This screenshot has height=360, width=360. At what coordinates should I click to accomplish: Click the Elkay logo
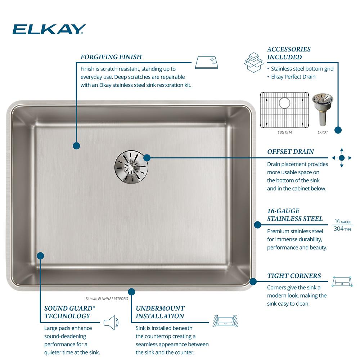tap(49, 29)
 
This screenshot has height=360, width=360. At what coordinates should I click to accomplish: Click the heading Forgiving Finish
tap(111, 57)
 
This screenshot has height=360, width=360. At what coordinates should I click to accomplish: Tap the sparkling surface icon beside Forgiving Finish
tap(206, 62)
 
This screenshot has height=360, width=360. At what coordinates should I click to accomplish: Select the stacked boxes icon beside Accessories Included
tap(253, 62)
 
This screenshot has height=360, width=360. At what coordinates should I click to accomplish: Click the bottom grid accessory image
tap(284, 110)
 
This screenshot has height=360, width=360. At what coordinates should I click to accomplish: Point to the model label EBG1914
tap(285, 132)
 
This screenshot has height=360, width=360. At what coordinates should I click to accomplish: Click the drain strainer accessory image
tap(323, 109)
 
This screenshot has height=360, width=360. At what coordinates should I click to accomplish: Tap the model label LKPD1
tap(323, 132)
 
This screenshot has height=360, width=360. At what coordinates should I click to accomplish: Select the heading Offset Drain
tap(291, 152)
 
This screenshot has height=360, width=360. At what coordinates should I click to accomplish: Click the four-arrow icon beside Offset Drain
tap(342, 158)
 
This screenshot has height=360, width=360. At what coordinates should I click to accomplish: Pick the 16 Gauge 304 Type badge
tap(343, 225)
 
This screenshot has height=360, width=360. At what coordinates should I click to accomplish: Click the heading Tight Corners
tap(294, 276)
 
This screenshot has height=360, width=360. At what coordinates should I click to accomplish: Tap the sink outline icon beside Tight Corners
tap(342, 282)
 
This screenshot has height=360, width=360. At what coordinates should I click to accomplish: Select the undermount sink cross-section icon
tap(225, 321)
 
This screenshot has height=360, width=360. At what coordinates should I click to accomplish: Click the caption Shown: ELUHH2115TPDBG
tap(107, 299)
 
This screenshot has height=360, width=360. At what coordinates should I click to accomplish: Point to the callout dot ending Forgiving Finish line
tap(76, 145)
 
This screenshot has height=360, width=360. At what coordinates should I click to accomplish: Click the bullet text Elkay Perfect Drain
tap(293, 77)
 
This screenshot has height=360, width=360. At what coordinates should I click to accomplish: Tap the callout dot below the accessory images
tap(338, 130)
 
